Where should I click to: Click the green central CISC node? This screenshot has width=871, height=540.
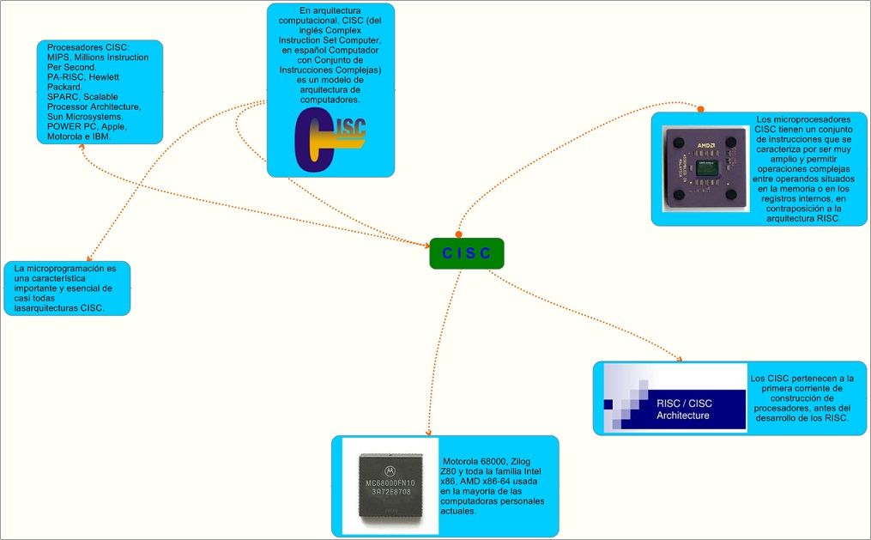pyautogui.click(x=466, y=253)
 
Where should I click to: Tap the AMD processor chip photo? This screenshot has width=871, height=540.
pyautogui.click(x=705, y=168)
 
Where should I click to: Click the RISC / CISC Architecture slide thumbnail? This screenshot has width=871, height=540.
pyautogui.click(x=675, y=397)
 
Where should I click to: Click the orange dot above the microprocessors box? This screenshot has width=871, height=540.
pyautogui.click(x=700, y=109)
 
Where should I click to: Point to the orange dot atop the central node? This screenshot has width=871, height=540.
pyautogui.click(x=458, y=234)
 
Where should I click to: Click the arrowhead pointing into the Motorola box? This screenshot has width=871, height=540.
pyautogui.click(x=427, y=432)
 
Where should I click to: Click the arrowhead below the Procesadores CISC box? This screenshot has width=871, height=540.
pyautogui.click(x=82, y=146)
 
